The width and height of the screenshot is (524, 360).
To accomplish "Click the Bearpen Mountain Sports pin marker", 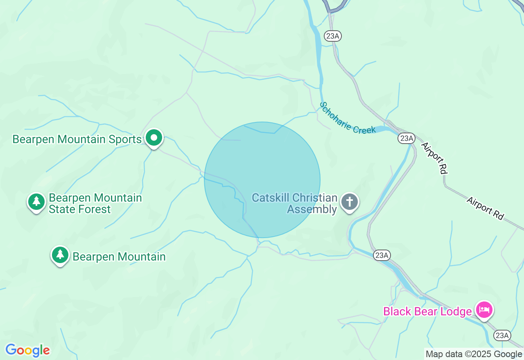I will (x=154, y=138).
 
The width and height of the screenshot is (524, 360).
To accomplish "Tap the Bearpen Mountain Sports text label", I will (x=77, y=139).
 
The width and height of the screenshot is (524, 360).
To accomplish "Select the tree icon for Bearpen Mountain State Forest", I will (x=36, y=201).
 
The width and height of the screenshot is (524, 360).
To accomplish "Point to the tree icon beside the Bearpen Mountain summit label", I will (x=60, y=254).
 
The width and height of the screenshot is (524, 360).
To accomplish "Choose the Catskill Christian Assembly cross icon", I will (x=350, y=202).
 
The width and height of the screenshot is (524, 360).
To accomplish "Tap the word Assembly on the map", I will (x=312, y=209).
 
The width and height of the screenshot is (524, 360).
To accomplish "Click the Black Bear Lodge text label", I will (x=427, y=312).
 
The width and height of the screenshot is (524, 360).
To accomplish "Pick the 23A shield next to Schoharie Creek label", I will (x=407, y=138).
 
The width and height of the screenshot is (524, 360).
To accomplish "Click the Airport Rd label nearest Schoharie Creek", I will (x=434, y=157).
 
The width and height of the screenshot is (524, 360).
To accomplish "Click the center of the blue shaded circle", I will (x=262, y=180).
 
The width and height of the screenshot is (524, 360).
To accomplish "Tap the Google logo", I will (x=28, y=350).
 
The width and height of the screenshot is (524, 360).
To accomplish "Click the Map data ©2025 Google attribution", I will (x=474, y=354).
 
